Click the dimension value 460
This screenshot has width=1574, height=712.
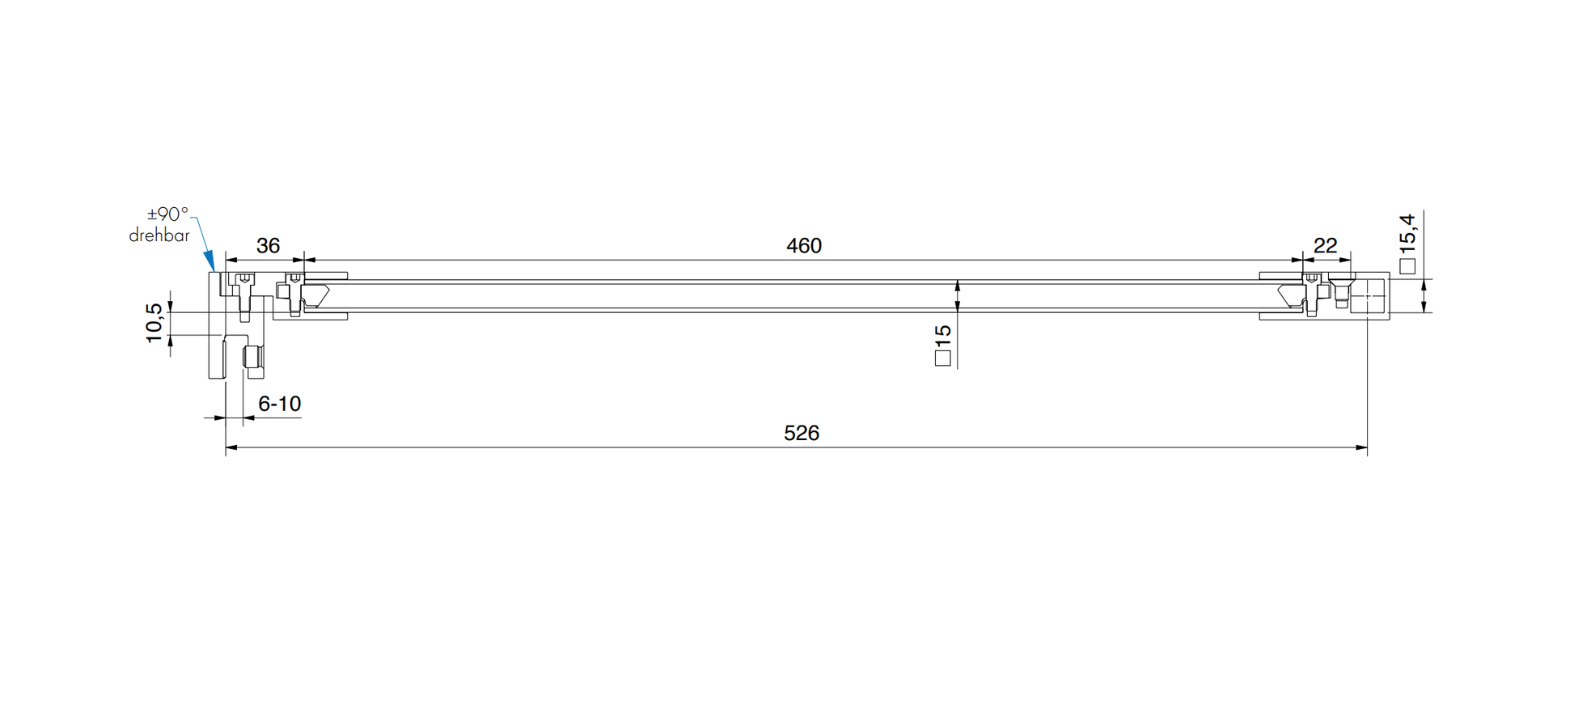tap(803, 246)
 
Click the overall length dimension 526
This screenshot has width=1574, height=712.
tap(801, 434)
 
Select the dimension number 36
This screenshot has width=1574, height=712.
tap(268, 246)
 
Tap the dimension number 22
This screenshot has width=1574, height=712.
tap(1325, 245)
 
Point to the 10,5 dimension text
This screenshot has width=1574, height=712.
tap(154, 323)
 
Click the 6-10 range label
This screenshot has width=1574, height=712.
tap(279, 404)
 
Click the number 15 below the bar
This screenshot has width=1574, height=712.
tap(942, 336)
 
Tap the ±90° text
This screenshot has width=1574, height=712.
tap(167, 214)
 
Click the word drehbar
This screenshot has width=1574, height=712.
tap(159, 236)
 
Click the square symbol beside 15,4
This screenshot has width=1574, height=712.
tap(1407, 265)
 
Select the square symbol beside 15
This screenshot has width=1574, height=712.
tap(942, 358)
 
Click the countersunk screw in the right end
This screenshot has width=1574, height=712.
tap(1341, 287)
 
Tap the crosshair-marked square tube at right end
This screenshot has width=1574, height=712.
tap(1368, 296)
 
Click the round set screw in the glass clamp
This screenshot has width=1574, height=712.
tap(252, 357)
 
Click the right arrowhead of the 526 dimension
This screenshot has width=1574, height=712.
tap(1361, 447)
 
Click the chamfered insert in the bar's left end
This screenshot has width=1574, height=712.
tap(316, 295)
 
